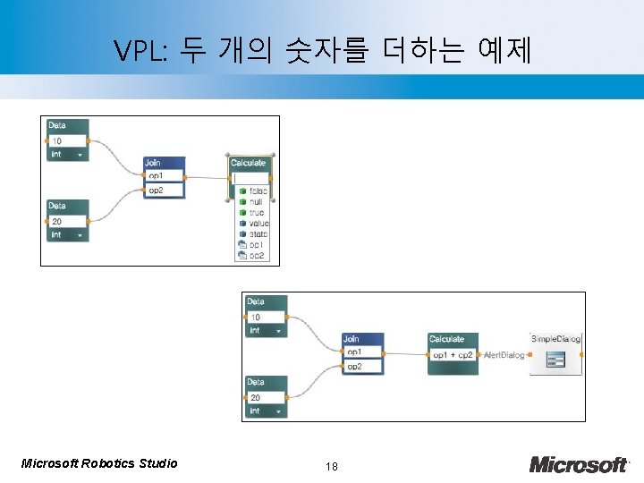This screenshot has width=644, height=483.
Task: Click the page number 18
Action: point(331,466)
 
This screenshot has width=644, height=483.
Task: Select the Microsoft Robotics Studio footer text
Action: point(98,463)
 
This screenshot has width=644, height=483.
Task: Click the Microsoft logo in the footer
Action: point(578,464)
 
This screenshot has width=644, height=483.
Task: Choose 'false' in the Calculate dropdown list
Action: point(258,191)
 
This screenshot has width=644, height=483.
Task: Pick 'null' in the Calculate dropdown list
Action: point(256,202)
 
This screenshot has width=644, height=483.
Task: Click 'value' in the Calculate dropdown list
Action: point(258,224)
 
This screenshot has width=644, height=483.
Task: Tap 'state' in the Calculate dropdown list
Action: point(258,234)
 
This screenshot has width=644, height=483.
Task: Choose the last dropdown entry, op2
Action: point(256,256)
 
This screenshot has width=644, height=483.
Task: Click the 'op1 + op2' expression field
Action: point(453,355)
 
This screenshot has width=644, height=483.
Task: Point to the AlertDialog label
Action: point(504,355)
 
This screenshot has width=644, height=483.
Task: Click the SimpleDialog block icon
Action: point(555,360)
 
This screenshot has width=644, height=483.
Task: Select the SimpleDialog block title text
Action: point(555,339)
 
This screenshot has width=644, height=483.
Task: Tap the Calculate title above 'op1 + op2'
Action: point(446,339)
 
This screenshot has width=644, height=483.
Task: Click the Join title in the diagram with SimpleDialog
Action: point(352,339)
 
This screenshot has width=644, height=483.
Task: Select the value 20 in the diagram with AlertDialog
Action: point(256,397)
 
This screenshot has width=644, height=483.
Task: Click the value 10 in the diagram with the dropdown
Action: point(57,141)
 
